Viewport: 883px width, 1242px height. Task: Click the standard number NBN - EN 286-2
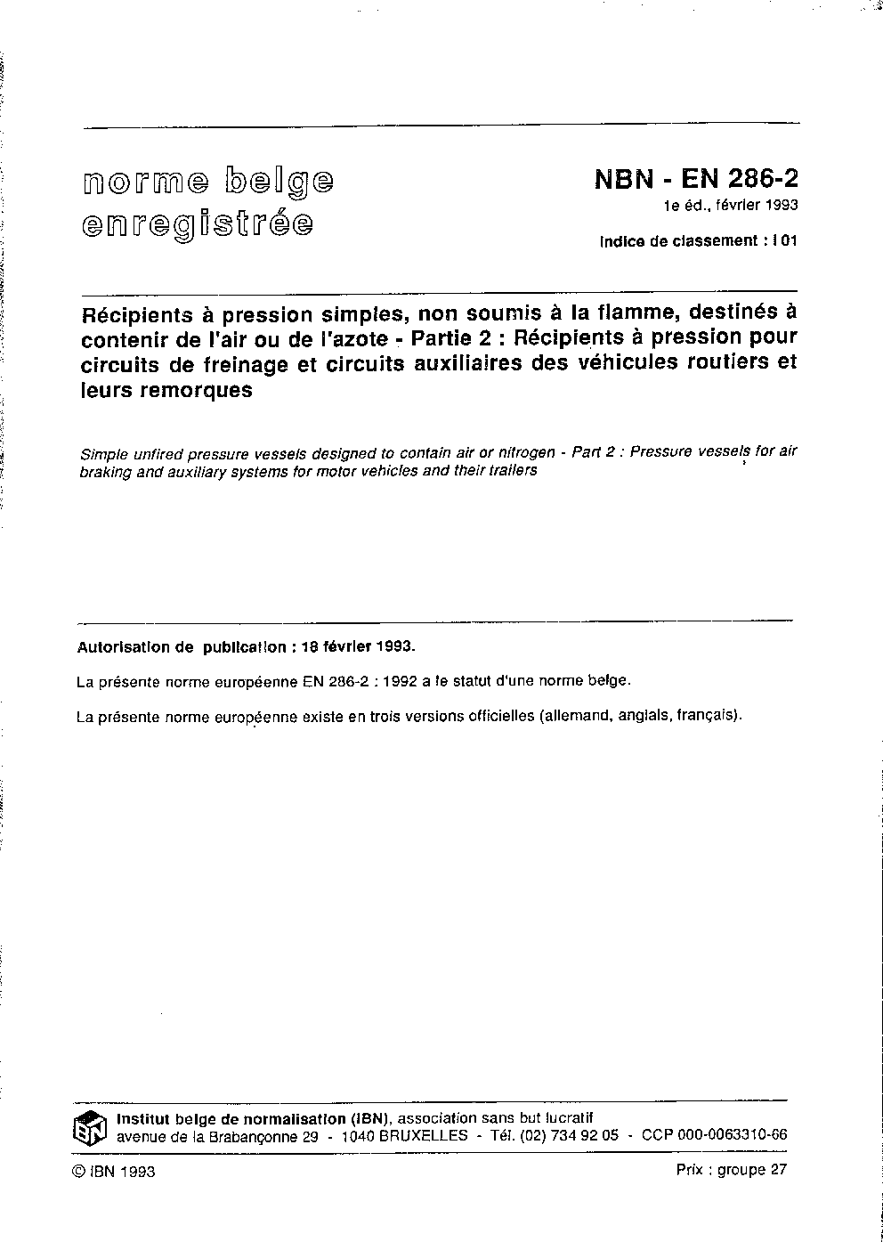click(x=696, y=179)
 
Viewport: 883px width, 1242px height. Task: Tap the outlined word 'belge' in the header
click(x=279, y=181)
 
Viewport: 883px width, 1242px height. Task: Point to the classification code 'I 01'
click(x=784, y=240)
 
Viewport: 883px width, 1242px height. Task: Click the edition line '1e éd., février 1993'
click(x=729, y=206)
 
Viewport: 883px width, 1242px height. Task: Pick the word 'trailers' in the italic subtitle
click(x=510, y=470)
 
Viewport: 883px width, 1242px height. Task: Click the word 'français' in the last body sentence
click(x=706, y=714)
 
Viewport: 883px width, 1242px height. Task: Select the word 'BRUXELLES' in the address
click(x=423, y=1135)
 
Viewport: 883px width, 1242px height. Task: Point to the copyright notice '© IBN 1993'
click(x=113, y=1172)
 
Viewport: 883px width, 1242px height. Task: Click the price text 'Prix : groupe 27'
click(x=731, y=1171)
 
